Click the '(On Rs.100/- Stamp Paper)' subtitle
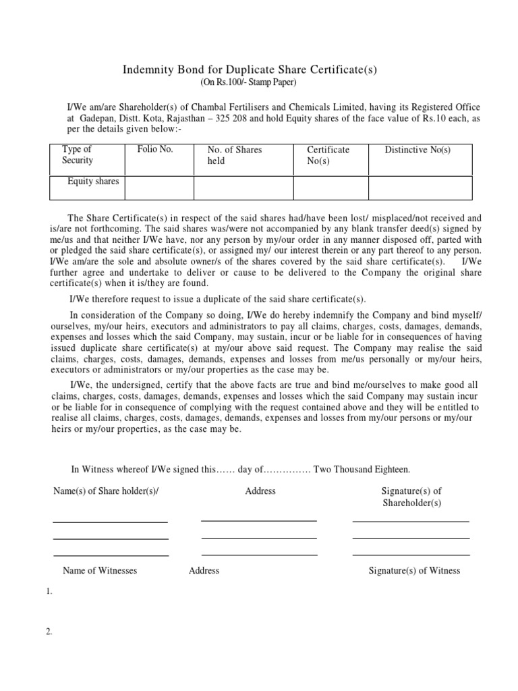[x=248, y=83]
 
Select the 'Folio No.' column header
[x=155, y=149]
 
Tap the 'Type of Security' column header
[x=78, y=155]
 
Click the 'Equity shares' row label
[x=93, y=182]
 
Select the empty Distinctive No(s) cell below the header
[x=420, y=188]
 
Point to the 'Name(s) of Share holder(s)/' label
[x=106, y=491]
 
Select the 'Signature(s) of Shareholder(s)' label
[x=411, y=497]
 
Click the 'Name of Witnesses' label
[x=100, y=570]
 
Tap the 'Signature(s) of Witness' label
[x=414, y=570]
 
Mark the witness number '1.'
[x=49, y=592]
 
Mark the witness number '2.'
[x=49, y=632]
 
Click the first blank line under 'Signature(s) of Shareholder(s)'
[x=410, y=520]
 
